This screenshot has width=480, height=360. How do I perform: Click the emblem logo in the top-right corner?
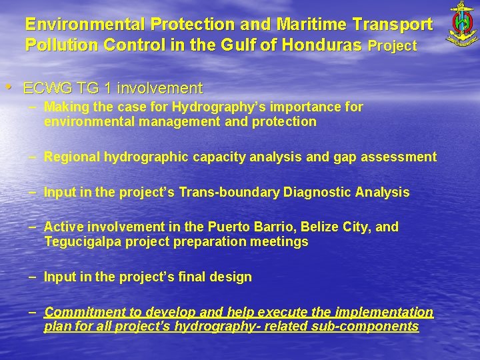pos(461,25)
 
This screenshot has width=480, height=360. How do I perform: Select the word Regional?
pos(71,157)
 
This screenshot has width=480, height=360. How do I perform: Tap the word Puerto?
pos(230,227)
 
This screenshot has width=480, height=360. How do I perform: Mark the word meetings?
pos(279,242)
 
